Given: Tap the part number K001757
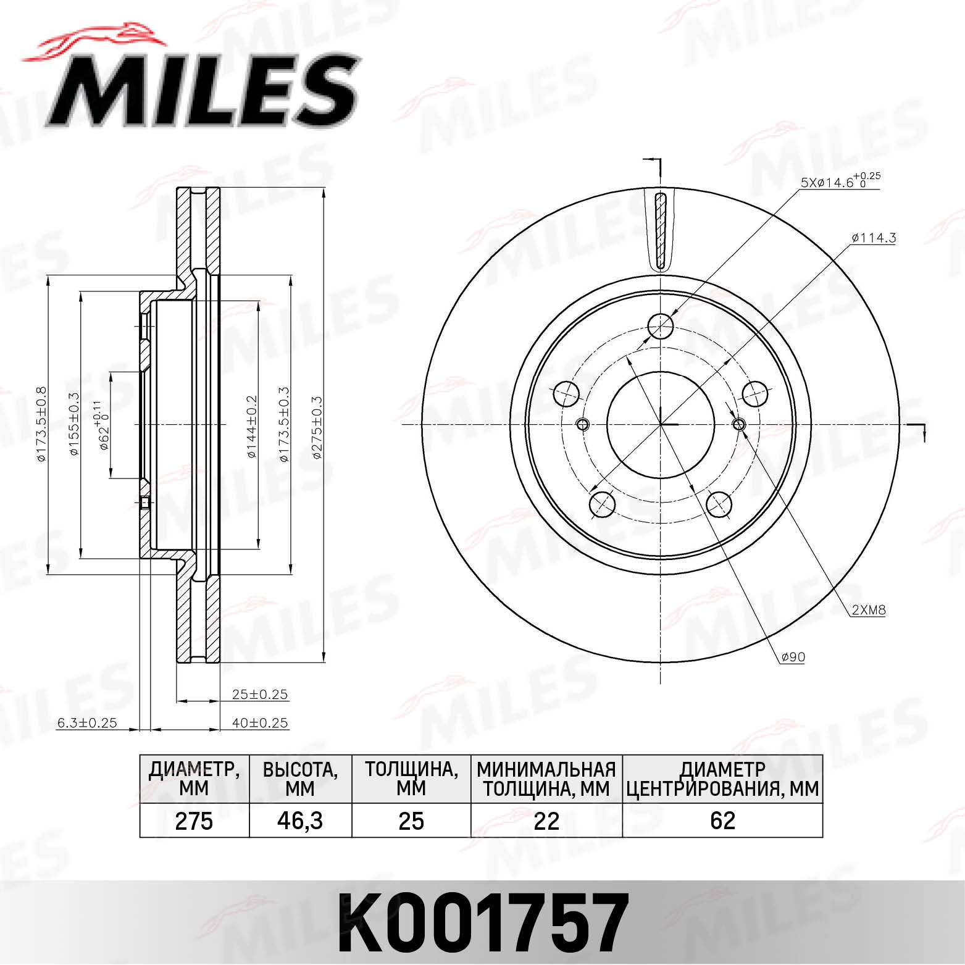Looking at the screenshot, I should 482,924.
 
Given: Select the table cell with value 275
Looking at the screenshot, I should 194,821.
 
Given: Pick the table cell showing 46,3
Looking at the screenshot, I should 300,821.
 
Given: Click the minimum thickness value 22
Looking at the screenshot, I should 546,821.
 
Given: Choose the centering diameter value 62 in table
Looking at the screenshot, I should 722,821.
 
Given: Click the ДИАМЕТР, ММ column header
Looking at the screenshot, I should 194,779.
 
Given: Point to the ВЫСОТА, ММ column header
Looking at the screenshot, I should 300,779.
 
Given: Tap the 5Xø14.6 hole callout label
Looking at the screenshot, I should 840,182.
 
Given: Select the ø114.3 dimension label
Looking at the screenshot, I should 873,238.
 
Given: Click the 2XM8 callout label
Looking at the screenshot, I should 869,610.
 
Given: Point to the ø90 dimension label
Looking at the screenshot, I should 793,657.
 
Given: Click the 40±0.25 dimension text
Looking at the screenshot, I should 260,722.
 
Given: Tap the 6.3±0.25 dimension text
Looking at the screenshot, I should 87,722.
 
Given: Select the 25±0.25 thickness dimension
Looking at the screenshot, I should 260,694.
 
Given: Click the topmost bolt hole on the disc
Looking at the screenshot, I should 661,326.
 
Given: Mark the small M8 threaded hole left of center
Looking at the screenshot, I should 583,424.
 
